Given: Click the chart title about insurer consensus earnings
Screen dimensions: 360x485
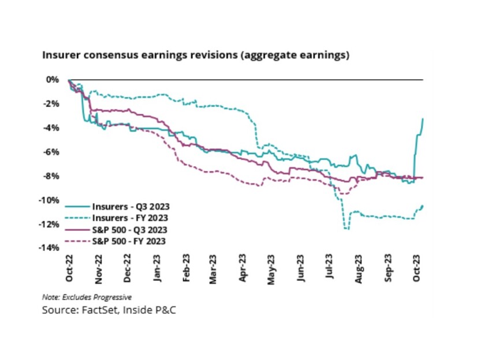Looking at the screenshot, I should coord(196,56).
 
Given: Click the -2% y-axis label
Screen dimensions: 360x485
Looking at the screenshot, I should coord(52,104).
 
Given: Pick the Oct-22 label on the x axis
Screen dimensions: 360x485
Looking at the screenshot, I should coord(69,269).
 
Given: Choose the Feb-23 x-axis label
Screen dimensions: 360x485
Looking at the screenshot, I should coord(186,269).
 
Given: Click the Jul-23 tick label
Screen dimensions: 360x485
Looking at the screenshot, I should coord(333,269).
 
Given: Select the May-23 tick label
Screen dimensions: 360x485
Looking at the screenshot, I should coord(274,269).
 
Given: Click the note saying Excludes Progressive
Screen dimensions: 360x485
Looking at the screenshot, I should coord(87,297).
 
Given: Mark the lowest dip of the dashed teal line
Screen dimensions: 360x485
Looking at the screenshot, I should coord(346,229).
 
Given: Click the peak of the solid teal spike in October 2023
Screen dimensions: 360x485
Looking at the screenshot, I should coord(423,119).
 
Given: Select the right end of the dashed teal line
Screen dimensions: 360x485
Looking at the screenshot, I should coord(423,206).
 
